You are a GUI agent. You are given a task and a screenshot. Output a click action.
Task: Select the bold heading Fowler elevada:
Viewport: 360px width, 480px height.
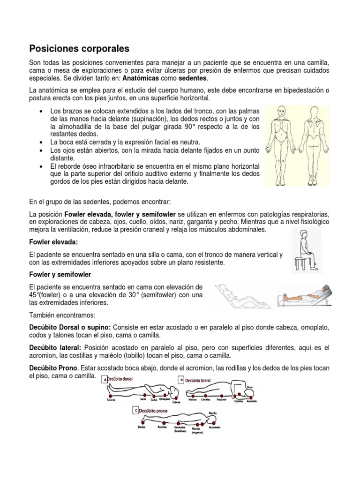pos(53,242)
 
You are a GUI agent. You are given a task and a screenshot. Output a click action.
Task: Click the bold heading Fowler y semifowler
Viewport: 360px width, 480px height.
pos(60,274)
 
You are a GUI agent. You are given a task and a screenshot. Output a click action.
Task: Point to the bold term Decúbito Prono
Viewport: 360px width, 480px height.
pos(53,368)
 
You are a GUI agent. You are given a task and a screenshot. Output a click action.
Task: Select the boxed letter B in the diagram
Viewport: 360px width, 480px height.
pos(181,379)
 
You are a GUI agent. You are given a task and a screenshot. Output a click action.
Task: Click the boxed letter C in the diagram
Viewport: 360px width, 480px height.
pos(136,410)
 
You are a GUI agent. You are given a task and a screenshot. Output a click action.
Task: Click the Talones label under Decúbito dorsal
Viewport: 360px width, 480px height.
pos(111,400)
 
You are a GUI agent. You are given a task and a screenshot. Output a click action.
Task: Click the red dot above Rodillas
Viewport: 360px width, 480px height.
pos(163,422)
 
